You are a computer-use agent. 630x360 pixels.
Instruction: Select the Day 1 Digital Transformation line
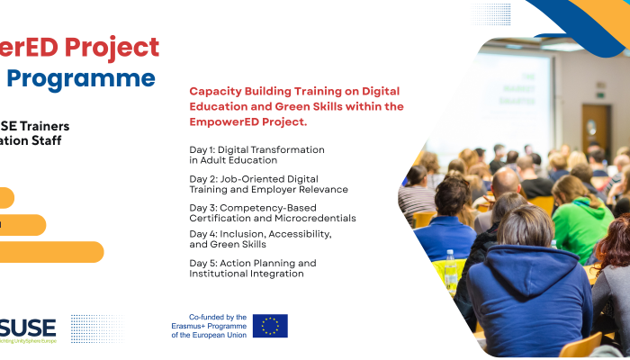coord(256,155)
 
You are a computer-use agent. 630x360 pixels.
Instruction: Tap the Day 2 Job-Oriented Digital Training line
coord(268,184)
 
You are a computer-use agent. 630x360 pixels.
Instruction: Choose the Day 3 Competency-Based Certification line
coord(272,212)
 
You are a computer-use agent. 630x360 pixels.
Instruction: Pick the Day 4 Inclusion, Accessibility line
coord(260,238)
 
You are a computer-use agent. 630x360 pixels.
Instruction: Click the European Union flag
coord(270,326)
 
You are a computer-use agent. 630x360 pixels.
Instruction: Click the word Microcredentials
coord(314,218)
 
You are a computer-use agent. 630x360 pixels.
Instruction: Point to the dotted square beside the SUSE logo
coord(95,328)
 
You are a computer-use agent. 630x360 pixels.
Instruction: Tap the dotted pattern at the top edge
coord(493,13)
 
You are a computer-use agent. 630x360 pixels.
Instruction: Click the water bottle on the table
coord(450,268)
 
